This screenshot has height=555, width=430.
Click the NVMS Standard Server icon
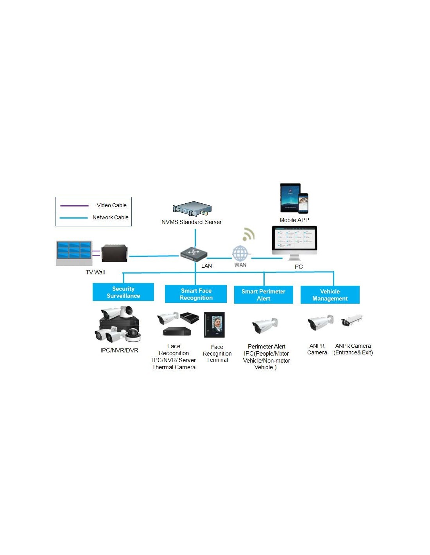[192, 209]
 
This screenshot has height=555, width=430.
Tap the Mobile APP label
[294, 220]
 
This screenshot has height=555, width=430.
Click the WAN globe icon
[240, 254]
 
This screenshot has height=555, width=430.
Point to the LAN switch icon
[193, 254]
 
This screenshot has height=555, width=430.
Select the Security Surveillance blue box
[123, 292]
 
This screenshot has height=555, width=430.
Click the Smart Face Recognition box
[196, 294]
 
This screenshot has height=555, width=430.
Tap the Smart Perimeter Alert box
[263, 295]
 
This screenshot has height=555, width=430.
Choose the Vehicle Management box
[330, 295]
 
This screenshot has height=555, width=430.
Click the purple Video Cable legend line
[74, 206]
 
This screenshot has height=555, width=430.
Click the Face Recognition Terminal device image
[215, 325]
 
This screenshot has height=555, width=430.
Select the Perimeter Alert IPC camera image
[265, 325]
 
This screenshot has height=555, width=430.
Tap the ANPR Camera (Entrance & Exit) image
[351, 320]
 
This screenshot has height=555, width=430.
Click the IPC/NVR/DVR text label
[119, 350]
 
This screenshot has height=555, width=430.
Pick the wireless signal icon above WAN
[248, 235]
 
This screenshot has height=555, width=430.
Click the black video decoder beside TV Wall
[115, 253]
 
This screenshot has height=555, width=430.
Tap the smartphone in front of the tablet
[303, 203]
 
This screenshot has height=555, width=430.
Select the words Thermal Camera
[174, 367]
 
